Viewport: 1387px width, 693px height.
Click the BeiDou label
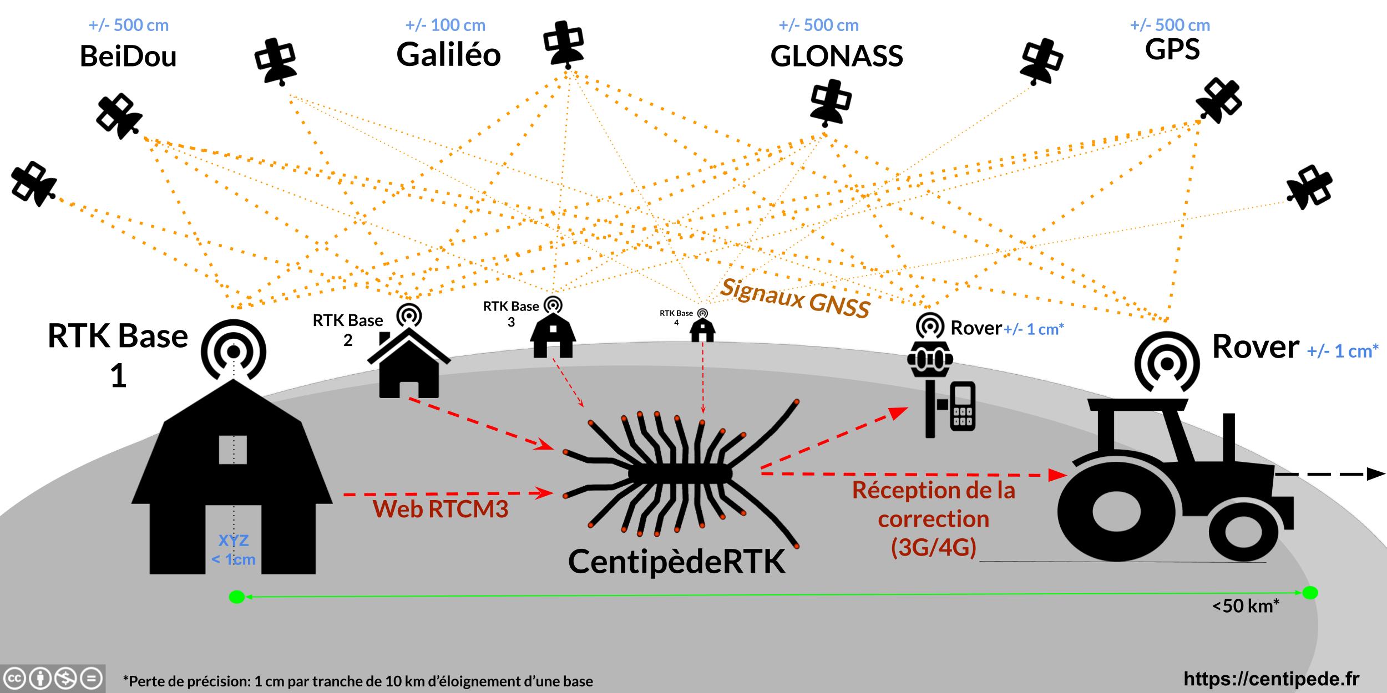[x=128, y=57]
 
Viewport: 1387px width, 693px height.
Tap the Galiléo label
[x=448, y=55]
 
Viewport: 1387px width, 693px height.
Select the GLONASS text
[x=837, y=57]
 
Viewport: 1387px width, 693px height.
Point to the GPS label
[x=1172, y=50]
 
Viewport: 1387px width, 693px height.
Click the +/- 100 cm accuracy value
[x=445, y=26]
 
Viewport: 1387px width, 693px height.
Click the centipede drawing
[x=680, y=474]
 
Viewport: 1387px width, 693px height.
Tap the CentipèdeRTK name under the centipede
[x=676, y=562]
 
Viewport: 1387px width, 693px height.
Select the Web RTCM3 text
[x=441, y=509]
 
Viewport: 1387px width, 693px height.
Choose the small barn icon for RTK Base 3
[x=553, y=335]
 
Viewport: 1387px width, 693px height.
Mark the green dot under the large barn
[x=237, y=597]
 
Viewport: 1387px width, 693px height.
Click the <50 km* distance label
[x=1246, y=606]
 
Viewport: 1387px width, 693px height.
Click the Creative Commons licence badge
[x=53, y=679]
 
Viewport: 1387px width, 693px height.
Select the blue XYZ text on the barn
[x=234, y=541]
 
